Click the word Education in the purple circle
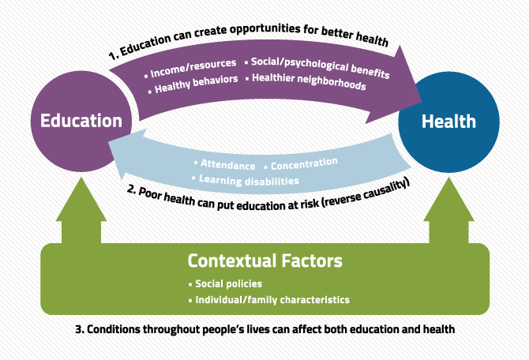tap(81, 121)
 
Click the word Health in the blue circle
tap(448, 121)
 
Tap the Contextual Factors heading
tap(264, 261)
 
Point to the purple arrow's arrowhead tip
tap(422, 101)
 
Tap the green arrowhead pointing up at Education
tap(81, 199)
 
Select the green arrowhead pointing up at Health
tap(448, 199)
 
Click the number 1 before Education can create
tap(112, 56)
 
